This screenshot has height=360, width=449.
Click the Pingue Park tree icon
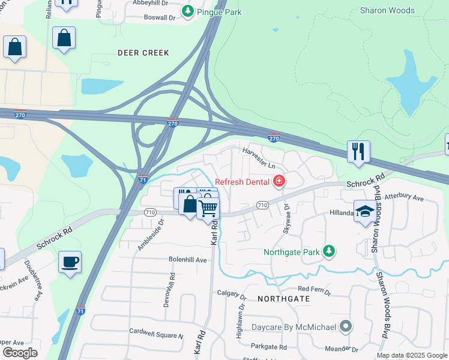pos(188,11)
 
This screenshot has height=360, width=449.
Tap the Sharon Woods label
pos(387,10)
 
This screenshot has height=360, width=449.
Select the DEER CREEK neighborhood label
pos(143,53)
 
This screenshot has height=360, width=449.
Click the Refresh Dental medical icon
pos(279,181)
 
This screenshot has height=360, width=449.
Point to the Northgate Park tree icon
pos(328,252)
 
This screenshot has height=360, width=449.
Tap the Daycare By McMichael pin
pos(345,326)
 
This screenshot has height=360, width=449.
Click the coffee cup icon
pos(70,262)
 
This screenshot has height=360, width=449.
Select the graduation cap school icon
pos(364,211)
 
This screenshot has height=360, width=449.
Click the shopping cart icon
pos(208,209)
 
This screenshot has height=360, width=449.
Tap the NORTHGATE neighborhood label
pos(284,298)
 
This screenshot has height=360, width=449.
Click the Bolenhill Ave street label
pos(187,260)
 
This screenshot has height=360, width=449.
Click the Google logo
pos(20,352)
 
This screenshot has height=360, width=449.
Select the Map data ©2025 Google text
pos(412,355)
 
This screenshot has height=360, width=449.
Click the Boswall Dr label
pos(160,17)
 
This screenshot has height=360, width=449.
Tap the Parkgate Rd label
pos(269,347)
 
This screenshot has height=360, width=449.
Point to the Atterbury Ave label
pos(404,197)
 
